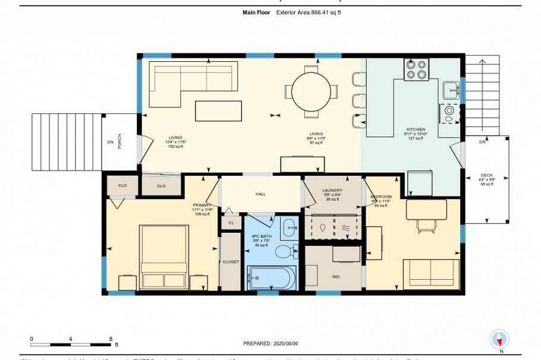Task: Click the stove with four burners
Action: [x=417, y=70]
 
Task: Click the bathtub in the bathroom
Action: [x=272, y=277]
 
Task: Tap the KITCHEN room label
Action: [x=416, y=129]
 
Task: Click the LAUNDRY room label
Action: [x=332, y=191]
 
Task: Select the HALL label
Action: [x=261, y=194]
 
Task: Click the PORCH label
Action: [x=119, y=141]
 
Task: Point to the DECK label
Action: [x=487, y=176]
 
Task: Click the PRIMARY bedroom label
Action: [x=202, y=205]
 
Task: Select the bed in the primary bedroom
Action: [x=163, y=257]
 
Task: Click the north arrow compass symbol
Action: [x=499, y=340]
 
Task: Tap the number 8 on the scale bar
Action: [x=111, y=339]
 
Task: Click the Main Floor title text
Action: [x=257, y=12]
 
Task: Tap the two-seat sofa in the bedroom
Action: [x=430, y=273]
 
